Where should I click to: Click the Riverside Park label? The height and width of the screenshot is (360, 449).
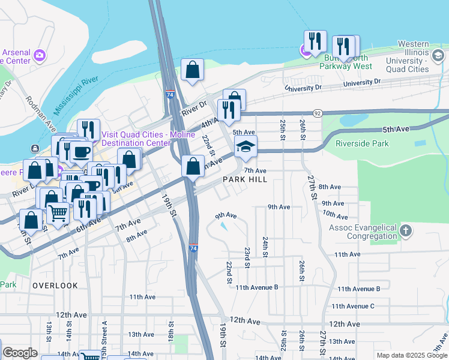[362, 143]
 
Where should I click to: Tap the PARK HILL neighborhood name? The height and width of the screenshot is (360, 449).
[244, 180]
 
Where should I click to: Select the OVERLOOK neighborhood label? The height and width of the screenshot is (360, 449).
[55, 286]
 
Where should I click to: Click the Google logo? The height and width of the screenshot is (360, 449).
[20, 353]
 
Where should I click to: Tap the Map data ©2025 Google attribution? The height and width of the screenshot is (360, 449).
[411, 355]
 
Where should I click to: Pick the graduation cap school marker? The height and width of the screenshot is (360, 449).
[245, 146]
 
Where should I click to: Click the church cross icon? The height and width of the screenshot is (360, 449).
[406, 231]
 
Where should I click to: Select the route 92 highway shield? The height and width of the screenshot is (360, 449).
[318, 113]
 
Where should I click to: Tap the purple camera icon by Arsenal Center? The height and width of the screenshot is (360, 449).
[40, 55]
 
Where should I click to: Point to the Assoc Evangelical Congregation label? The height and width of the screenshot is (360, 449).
[363, 232]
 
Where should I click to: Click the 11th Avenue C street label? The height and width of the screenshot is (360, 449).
[356, 306]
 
